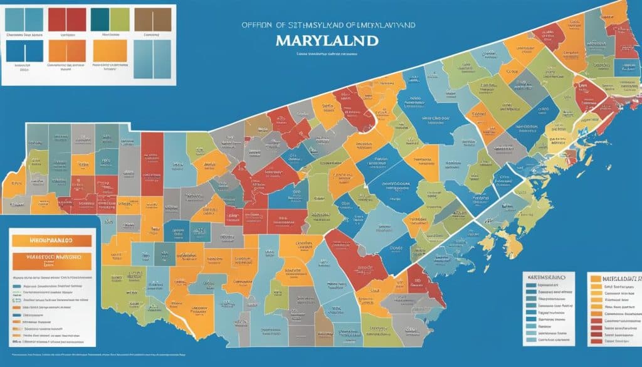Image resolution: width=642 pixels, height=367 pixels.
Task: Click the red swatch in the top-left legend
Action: coord(68,19)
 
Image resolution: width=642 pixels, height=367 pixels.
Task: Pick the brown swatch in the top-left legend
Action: coord(153,19)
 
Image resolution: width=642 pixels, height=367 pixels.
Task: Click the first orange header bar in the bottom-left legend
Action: coord(51,240)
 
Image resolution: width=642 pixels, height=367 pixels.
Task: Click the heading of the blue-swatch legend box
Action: coord(549,277)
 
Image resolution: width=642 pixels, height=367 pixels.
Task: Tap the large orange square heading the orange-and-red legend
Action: coord(595,277)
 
